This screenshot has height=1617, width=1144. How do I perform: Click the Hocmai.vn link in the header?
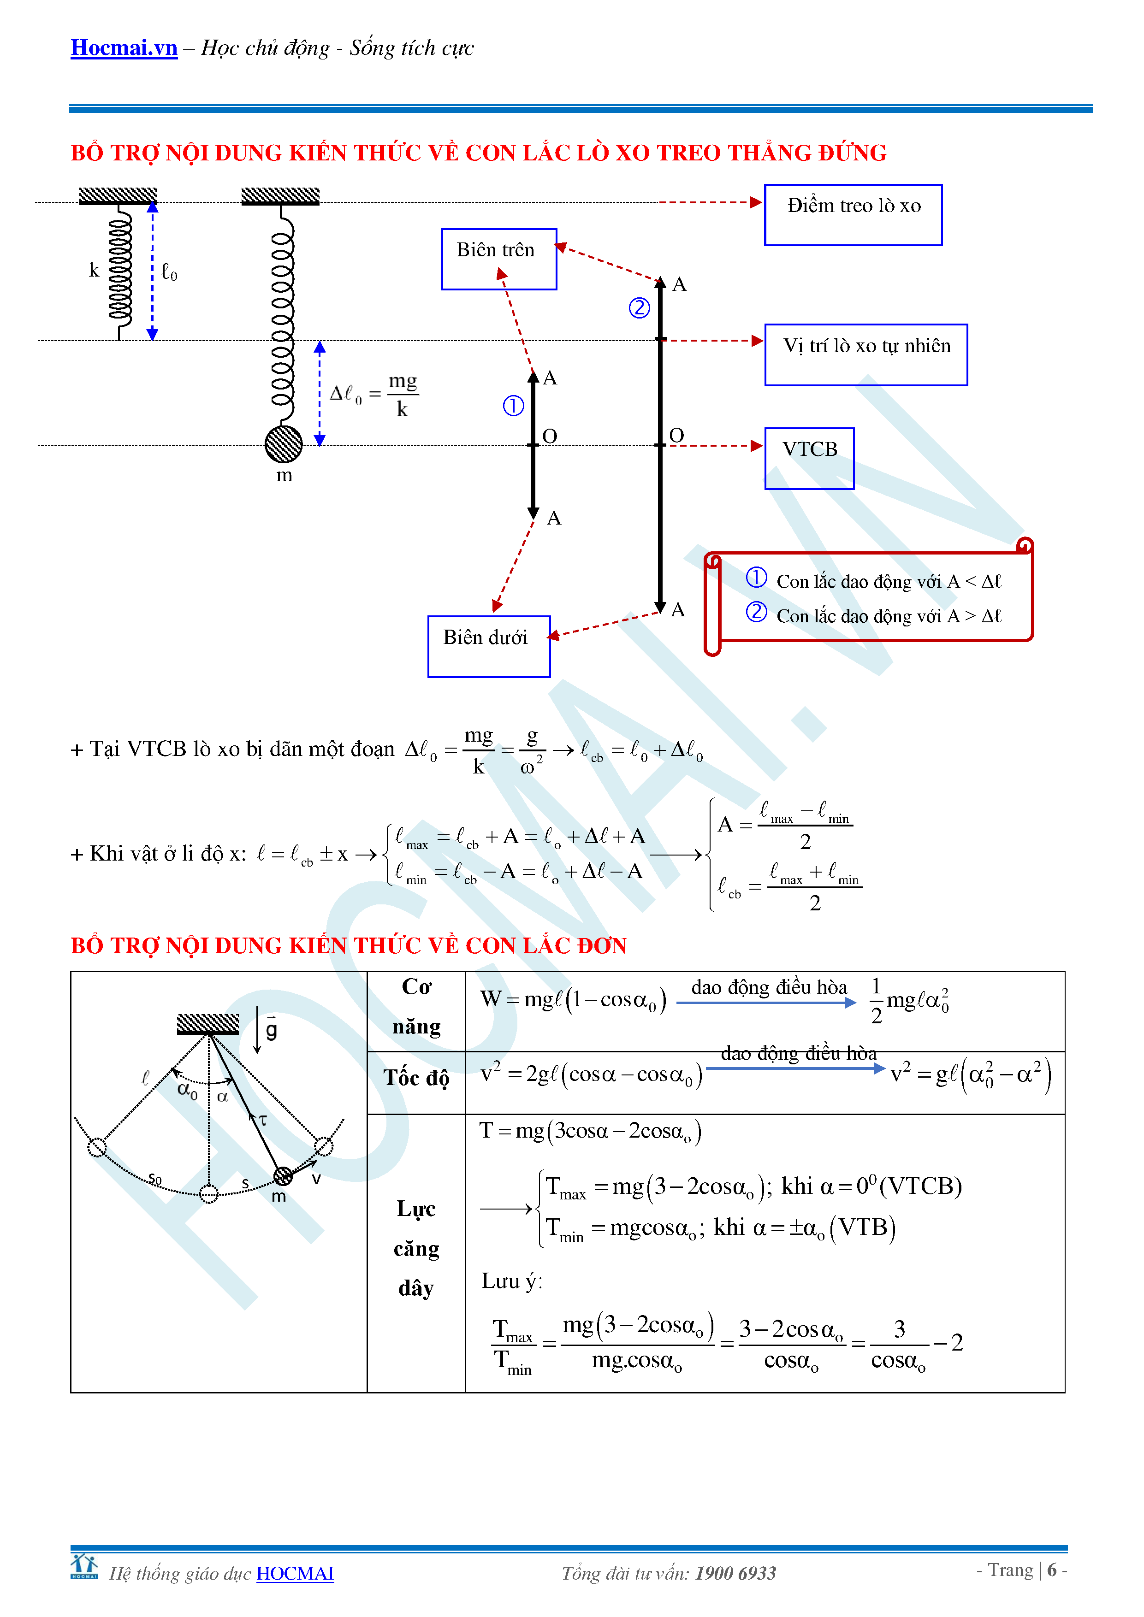point(124,48)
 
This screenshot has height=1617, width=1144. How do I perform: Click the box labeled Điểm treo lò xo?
point(853,215)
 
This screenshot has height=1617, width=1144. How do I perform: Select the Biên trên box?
point(499,259)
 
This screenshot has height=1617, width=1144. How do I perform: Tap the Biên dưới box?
point(488,646)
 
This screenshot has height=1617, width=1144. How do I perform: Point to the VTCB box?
point(809,458)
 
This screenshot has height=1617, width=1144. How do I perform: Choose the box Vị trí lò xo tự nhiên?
point(866,354)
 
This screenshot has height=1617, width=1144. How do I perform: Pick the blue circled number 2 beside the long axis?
point(639,308)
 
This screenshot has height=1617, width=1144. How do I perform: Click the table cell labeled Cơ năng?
point(416,1007)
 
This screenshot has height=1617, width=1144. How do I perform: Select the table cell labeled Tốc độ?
point(416,1078)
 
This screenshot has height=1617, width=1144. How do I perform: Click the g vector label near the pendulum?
point(271,1030)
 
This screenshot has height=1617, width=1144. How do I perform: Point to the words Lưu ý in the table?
point(511,1281)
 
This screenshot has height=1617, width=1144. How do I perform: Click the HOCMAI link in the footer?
point(295,1573)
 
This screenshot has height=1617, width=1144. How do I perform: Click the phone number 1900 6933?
point(735,1573)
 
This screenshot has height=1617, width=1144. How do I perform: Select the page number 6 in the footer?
point(1052,1570)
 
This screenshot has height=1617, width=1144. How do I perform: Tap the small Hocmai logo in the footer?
point(84,1567)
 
